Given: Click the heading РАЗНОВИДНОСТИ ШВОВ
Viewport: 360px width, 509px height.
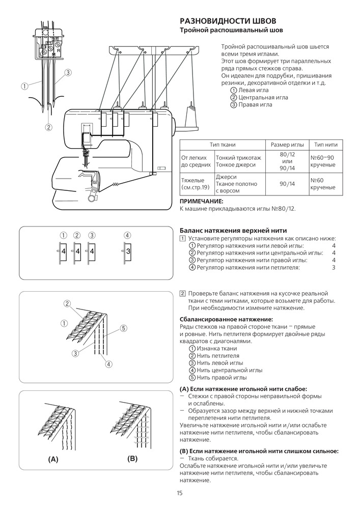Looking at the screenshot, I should pos(229,21).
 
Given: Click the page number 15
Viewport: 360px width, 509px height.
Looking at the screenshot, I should pos(180,493).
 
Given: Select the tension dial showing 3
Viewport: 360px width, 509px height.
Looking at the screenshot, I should pos(128,251).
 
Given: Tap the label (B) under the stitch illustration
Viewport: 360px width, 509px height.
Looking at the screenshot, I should pos(133,459).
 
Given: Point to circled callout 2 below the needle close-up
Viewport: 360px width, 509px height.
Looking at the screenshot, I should pos(48,127).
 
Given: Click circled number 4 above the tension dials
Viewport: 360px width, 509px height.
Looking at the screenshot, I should pos(127,235).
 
